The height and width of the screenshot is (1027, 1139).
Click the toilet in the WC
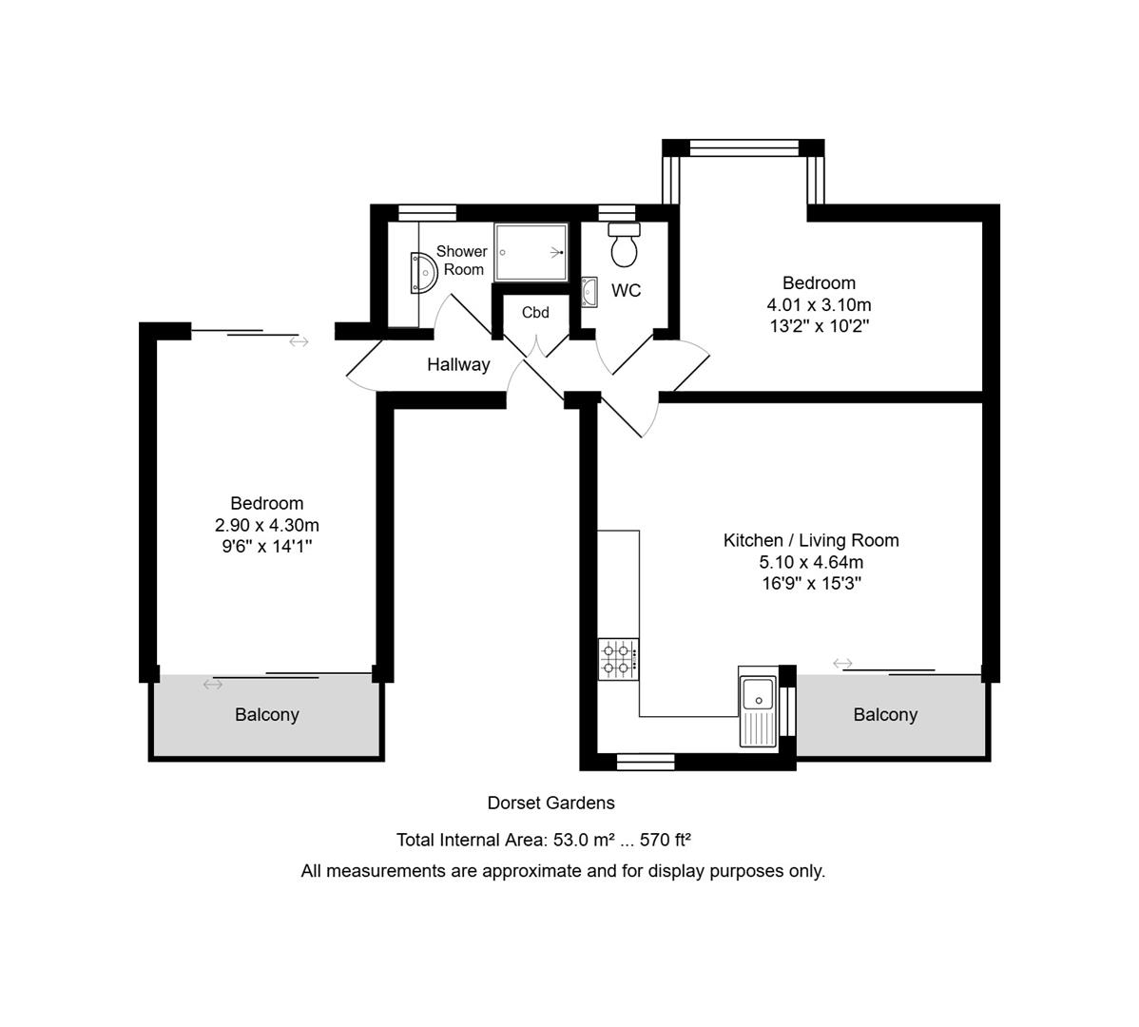[625, 246]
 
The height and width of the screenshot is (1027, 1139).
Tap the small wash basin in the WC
[589, 292]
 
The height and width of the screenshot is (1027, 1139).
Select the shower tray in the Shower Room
[531, 252]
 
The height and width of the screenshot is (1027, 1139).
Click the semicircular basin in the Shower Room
[421, 271]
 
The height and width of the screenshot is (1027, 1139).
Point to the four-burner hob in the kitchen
[618, 658]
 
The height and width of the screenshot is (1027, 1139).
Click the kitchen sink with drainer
[758, 710]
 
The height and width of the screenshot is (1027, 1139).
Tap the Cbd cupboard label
[535, 313]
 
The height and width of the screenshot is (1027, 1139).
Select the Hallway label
[458, 364]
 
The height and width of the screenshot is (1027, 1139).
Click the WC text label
[627, 291]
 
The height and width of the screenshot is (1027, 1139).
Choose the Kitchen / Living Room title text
[811, 540]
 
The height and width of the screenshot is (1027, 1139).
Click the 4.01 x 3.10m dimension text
[819, 305]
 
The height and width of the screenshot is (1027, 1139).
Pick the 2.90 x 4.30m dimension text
[267, 525]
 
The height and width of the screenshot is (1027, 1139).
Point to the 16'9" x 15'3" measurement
[811, 583]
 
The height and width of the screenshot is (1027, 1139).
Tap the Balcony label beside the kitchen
[885, 715]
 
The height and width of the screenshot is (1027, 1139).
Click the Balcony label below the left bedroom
[267, 715]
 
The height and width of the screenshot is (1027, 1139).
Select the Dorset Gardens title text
[551, 804]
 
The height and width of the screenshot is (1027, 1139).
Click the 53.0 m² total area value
[582, 840]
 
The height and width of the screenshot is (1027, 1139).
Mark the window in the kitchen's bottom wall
[646, 761]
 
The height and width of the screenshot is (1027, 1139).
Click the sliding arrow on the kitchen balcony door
[842, 663]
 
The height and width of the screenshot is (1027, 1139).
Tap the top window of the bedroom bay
[743, 147]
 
